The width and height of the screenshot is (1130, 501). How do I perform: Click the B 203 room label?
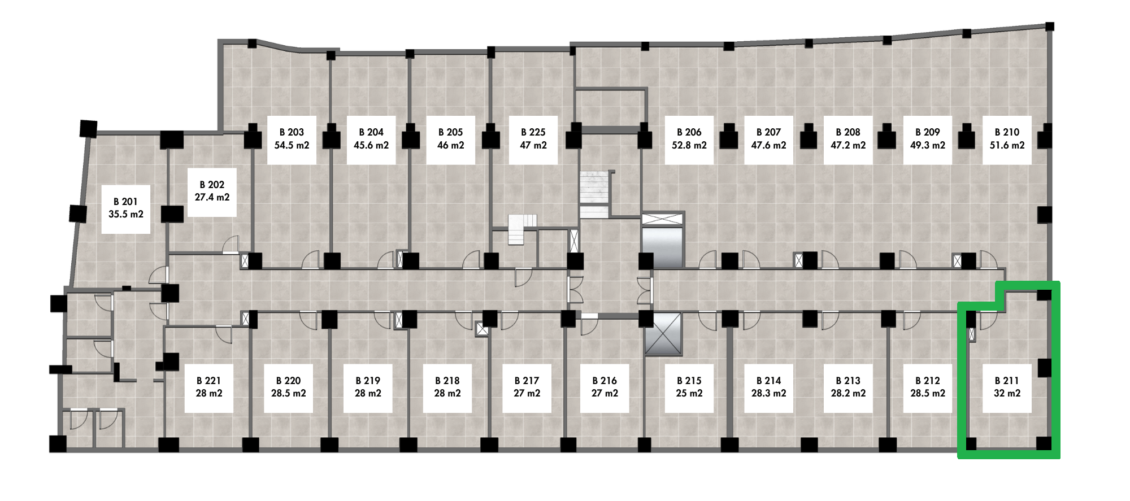click(x=292, y=132)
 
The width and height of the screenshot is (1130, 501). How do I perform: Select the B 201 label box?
click(x=126, y=209)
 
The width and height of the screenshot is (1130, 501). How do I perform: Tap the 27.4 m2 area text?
click(x=212, y=197)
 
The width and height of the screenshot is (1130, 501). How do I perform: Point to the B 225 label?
click(x=533, y=132)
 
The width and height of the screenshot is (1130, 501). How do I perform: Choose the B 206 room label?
click(x=689, y=132)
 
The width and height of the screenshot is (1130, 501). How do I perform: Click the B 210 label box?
click(x=1007, y=140)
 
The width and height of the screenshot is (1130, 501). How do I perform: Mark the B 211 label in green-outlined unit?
click(x=1007, y=381)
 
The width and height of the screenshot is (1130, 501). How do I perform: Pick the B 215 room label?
click(x=689, y=381)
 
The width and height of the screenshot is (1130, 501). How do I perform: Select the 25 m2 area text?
click(x=689, y=393)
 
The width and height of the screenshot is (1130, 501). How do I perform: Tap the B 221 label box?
click(x=209, y=388)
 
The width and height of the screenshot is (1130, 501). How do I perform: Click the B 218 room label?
click(x=447, y=381)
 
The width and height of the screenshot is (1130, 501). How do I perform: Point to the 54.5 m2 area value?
click(x=292, y=145)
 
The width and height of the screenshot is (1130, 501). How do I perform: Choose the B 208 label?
click(x=848, y=132)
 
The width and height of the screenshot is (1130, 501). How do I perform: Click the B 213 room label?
click(x=848, y=381)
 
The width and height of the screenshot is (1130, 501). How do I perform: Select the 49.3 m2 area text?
click(x=928, y=145)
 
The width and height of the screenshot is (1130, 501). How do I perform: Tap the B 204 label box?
click(x=371, y=140)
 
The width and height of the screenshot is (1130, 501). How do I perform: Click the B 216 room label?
click(x=605, y=381)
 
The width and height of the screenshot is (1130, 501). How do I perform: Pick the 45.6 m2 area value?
click(x=371, y=145)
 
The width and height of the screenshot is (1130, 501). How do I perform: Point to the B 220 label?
click(x=288, y=381)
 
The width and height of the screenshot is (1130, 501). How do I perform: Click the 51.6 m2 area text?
click(x=1007, y=145)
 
